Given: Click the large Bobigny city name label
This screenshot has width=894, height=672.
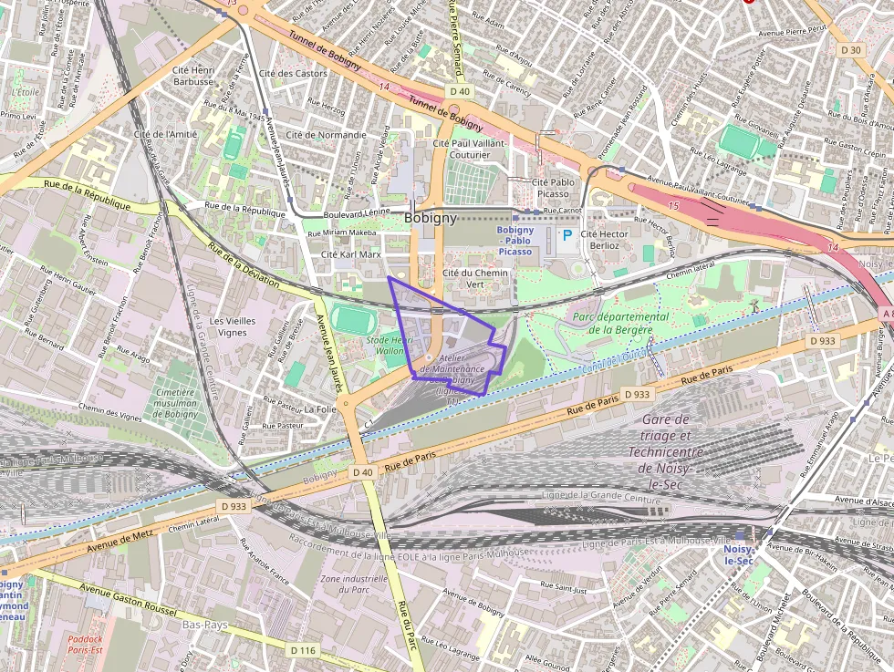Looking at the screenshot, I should [431, 220].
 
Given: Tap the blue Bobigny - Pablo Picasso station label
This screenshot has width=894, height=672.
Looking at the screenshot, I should [515, 241].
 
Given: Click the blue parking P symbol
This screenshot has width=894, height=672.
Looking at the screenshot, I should [567, 236].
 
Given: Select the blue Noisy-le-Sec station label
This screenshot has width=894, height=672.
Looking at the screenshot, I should [738, 555].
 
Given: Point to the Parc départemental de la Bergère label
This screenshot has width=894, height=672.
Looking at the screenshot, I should [620, 323].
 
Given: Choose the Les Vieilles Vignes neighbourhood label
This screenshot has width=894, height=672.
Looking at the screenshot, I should [228, 326].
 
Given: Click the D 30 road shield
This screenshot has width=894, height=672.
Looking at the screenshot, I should [851, 50].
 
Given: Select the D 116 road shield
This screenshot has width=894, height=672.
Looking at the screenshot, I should [302, 650].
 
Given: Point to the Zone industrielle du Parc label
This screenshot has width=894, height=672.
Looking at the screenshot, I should [355, 584].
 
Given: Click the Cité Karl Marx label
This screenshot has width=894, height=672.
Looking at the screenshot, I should [349, 254].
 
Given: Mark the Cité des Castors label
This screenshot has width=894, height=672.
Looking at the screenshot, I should [293, 73].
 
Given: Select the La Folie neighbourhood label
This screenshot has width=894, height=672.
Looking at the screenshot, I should [321, 409].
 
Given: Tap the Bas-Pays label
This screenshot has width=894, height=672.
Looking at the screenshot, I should [205, 625].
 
